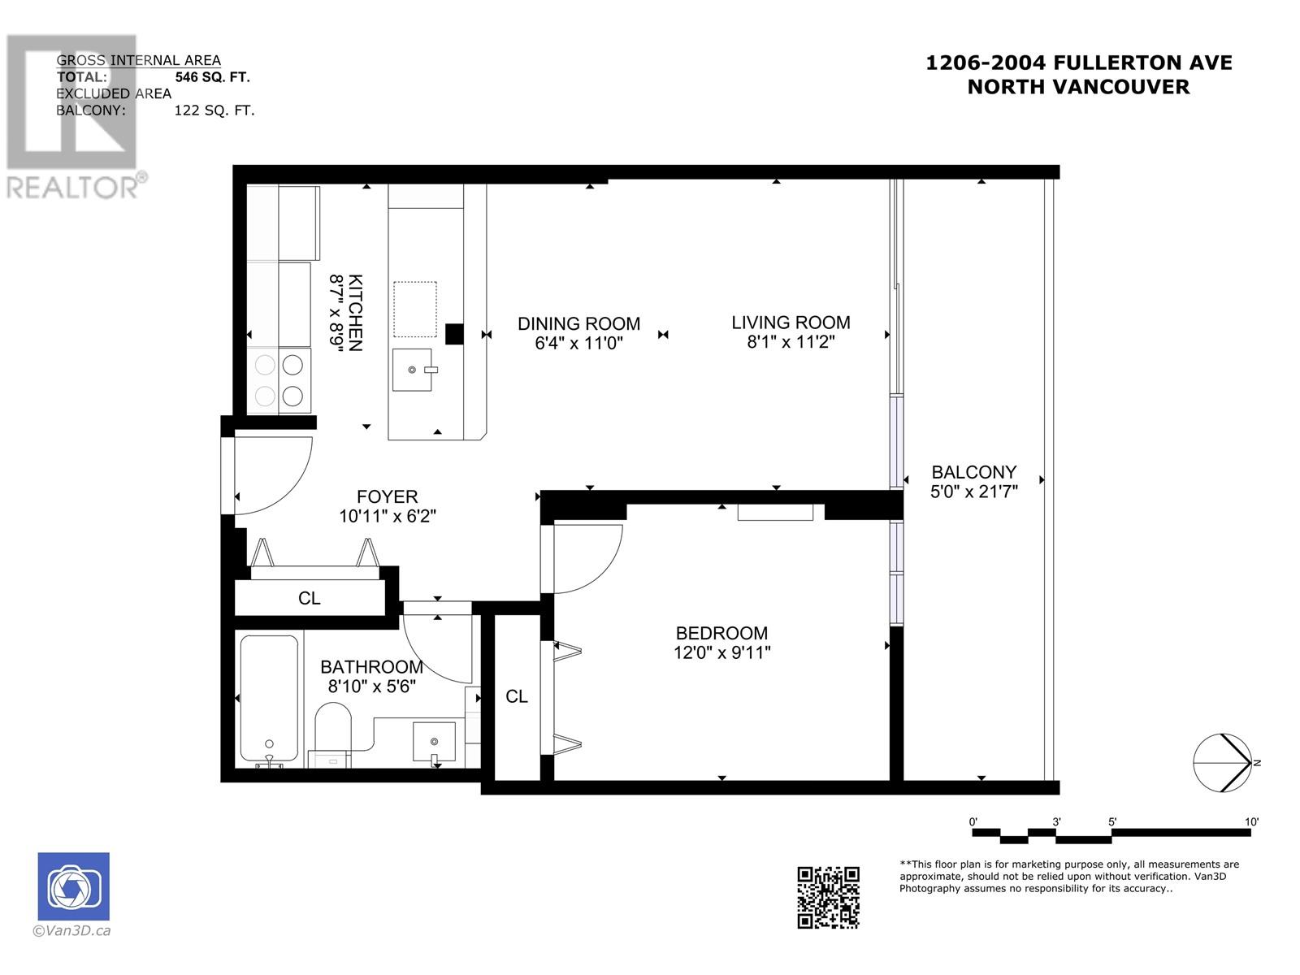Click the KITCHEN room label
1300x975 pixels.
tap(355, 313)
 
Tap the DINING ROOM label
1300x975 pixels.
tap(578, 324)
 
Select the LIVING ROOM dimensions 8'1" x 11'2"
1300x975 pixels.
tap(791, 342)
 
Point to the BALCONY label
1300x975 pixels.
tap(973, 472)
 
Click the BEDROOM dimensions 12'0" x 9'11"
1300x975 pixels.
tap(722, 652)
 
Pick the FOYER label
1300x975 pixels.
tap(388, 496)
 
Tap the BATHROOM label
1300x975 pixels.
tap(371, 666)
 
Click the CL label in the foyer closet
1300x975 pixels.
tap(310, 598)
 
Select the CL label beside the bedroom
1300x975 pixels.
tap(517, 696)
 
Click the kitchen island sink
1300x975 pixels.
tap(412, 370)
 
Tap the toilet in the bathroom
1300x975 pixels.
tap(332, 734)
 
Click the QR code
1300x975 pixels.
tap(828, 897)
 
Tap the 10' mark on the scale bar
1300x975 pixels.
tap(1250, 821)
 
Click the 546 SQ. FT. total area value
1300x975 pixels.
tap(213, 77)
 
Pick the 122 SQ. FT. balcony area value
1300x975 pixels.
tap(214, 110)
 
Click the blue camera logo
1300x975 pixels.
tap(73, 886)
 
